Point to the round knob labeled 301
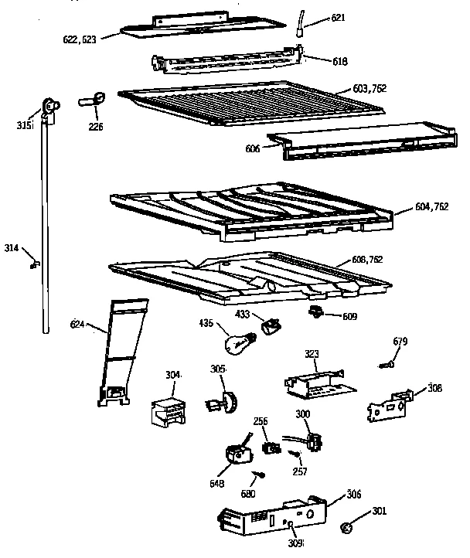[x=347, y=528]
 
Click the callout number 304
[x=172, y=375]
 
